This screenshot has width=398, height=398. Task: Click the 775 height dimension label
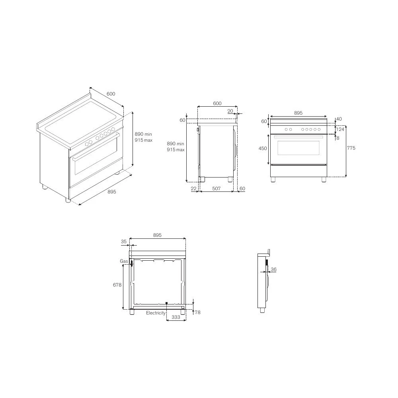pos(351,148)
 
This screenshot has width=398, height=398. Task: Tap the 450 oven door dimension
pos(263,148)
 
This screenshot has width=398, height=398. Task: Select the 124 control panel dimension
pos(340,129)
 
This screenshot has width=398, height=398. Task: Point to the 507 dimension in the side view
pos(216,188)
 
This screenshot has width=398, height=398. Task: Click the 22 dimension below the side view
pos(193,189)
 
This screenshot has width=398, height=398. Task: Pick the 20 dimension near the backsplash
pos(230,111)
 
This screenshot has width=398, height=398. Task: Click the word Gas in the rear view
pos(124,261)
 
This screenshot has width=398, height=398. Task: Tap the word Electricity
pos(156,313)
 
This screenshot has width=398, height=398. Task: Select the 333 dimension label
pos(176,317)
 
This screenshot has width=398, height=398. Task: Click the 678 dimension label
pos(117,285)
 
